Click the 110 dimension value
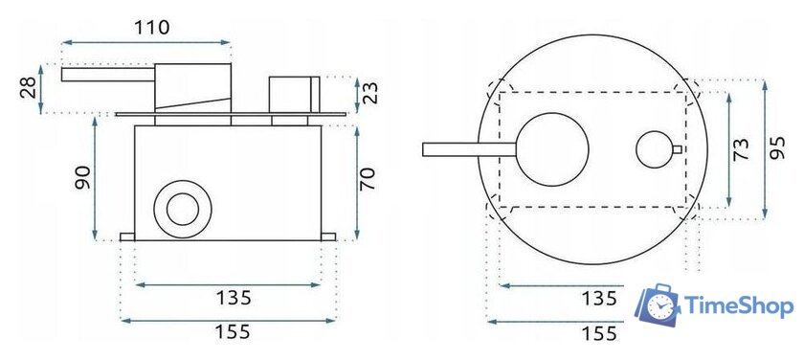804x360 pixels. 152,27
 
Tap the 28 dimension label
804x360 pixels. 30,88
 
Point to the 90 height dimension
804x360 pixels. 82,177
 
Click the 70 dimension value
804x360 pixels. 368,179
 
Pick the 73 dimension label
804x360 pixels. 741,149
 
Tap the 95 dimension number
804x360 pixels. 777,148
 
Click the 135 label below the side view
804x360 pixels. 234,298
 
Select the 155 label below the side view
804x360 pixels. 233,332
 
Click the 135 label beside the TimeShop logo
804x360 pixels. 599,299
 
